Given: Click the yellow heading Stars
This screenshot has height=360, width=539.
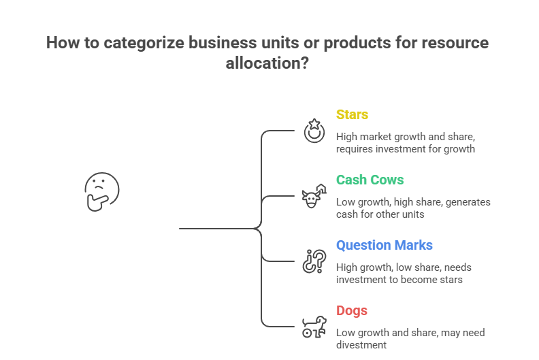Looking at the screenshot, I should click(352, 114).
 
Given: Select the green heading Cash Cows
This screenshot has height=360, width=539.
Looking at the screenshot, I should click(370, 180).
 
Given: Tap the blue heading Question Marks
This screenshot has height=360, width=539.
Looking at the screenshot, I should click(384, 245).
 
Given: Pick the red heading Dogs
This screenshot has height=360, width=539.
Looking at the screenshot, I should click(352, 310).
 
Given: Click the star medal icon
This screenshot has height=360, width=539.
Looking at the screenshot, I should click(313, 130).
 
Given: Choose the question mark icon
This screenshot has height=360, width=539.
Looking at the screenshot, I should click(313, 261).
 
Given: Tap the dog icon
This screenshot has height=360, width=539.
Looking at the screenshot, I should click(313, 326).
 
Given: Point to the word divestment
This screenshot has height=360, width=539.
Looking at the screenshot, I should click(361, 345).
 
